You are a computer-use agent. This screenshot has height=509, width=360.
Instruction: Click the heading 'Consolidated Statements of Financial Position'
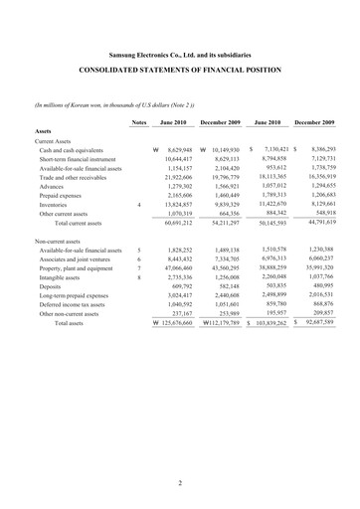pyautogui.click(x=179, y=72)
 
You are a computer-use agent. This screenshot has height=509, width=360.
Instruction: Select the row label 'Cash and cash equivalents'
pyautogui.click(x=75, y=148)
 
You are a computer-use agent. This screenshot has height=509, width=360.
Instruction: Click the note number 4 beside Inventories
pyautogui.click(x=139, y=204)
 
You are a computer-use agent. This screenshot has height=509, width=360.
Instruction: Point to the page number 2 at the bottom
pyautogui.click(x=180, y=483)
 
